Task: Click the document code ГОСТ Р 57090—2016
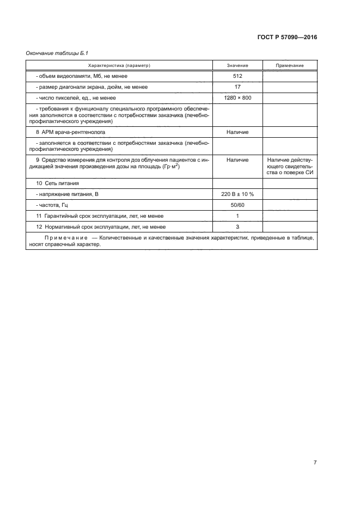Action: pyautogui.click(x=286, y=38)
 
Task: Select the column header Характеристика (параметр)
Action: pyautogui.click(x=119, y=65)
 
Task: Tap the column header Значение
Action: pyautogui.click(x=237, y=65)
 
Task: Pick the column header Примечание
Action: pyautogui.click(x=290, y=65)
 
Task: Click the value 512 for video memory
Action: pyautogui.click(x=237, y=76)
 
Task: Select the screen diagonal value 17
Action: pyautogui.click(x=237, y=87)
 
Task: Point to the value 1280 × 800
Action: pyautogui.click(x=237, y=98)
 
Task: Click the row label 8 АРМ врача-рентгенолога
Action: pyautogui.click(x=70, y=132)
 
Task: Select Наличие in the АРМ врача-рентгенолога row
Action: pyautogui.click(x=237, y=132)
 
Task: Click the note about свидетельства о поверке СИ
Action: pyautogui.click(x=290, y=166)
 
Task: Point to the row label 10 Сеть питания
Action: pyautogui.click(x=58, y=183)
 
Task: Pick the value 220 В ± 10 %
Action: pyautogui.click(x=237, y=194)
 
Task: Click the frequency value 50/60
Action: pyautogui.click(x=237, y=205)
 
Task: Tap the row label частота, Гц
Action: pyautogui.click(x=54, y=205)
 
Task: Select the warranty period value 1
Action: pyautogui.click(x=237, y=216)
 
